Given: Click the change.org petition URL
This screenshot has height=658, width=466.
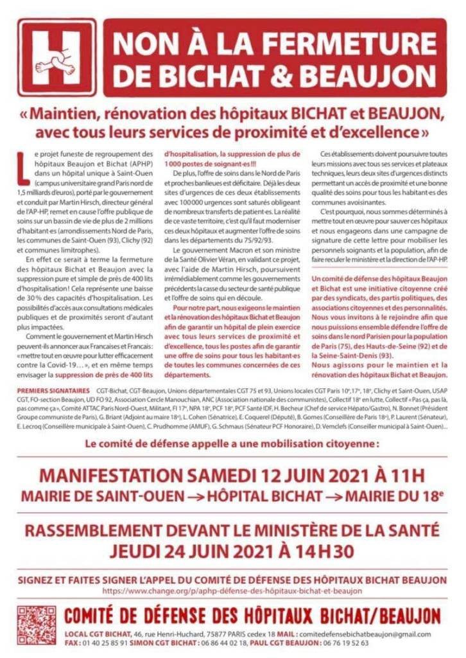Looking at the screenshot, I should click(x=232, y=590).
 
